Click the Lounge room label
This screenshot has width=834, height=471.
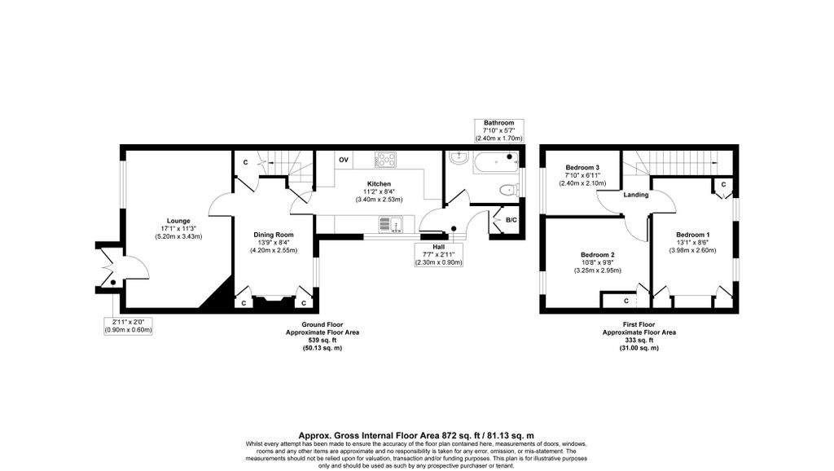(178, 221)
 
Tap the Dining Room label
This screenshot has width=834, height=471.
(274, 235)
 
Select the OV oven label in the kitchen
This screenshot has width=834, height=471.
(344, 161)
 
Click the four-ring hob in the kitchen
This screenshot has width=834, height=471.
(385, 160)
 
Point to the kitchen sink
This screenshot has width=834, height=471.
(391, 225)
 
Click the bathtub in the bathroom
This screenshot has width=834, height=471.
(496, 162)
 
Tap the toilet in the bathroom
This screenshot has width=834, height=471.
(511, 190)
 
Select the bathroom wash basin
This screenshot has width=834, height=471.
(457, 158)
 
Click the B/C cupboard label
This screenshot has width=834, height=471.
(511, 220)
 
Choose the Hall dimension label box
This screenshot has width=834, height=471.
(439, 255)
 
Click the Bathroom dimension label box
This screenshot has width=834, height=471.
(499, 130)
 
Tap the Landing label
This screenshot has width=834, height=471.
(636, 195)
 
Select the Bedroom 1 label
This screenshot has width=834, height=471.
(693, 235)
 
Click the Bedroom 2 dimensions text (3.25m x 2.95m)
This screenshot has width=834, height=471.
(597, 271)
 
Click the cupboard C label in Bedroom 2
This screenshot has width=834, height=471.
(626, 301)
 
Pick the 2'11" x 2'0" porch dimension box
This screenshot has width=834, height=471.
(128, 326)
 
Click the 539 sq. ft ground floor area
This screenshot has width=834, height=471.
(323, 340)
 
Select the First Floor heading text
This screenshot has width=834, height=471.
(639, 324)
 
